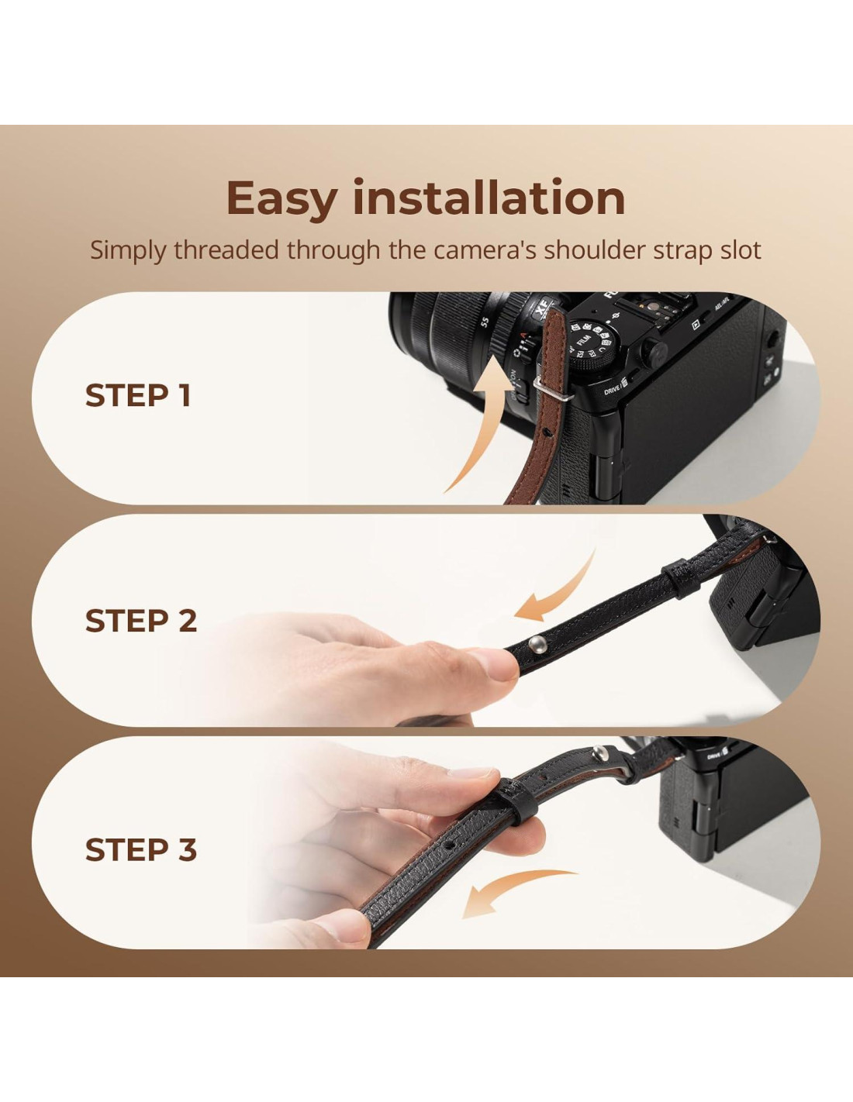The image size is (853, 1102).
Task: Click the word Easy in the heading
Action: (x=281, y=200)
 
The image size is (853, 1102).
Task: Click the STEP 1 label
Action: (x=138, y=395)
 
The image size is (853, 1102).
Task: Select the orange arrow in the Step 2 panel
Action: (x=558, y=594)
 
